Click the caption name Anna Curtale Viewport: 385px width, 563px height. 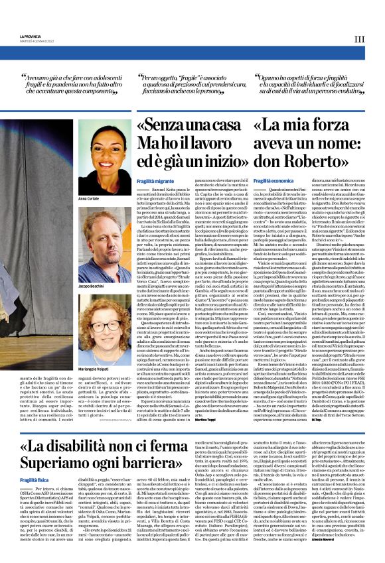[89, 198]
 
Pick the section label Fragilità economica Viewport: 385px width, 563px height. [273, 180]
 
